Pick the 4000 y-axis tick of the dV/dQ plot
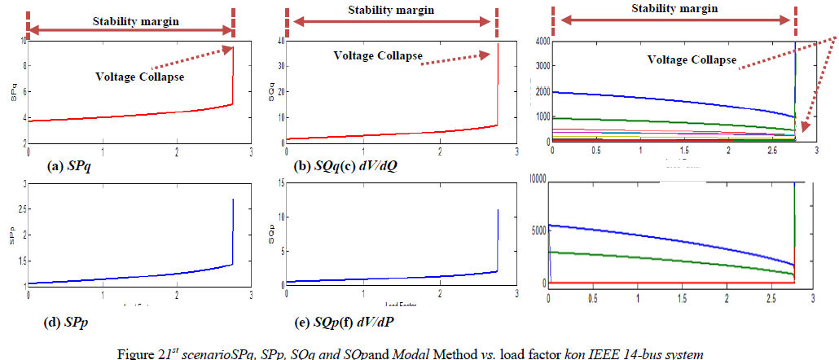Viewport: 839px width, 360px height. click(x=540, y=41)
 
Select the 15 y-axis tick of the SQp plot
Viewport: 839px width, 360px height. click(x=280, y=184)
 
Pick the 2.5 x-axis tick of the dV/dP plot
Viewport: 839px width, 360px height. click(x=770, y=298)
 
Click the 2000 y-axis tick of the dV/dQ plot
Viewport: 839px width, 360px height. click(x=540, y=92)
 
